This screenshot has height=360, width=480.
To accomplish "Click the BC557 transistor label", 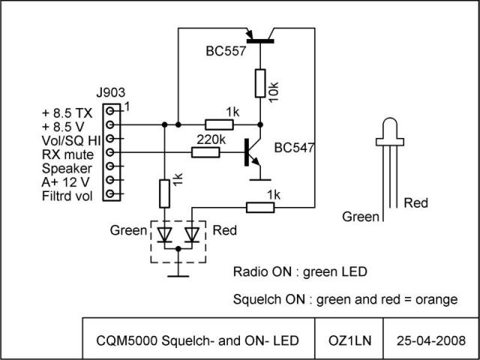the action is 226,51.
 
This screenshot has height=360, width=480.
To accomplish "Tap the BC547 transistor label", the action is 294,148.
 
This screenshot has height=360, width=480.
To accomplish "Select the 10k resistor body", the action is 260,83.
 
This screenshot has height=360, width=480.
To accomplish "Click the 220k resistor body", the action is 205,152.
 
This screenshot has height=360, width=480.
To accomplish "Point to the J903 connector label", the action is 111,93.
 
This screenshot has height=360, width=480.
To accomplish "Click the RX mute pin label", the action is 67,154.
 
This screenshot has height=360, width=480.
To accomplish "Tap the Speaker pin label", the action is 67,169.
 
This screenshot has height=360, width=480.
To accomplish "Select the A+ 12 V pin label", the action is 65,182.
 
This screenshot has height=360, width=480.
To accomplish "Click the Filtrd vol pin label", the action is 67,196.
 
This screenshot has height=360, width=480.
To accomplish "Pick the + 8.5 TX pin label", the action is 67,113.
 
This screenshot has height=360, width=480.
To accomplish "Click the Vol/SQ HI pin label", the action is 72,140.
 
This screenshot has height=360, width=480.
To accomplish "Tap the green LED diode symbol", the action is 164,235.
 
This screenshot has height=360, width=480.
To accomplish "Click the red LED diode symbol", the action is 192,235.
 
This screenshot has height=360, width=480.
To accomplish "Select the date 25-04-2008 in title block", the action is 431,340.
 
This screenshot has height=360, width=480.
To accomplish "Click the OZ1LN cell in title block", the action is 349,340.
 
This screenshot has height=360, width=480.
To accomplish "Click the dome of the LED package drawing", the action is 390,128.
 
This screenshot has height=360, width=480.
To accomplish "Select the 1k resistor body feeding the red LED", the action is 260,208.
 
